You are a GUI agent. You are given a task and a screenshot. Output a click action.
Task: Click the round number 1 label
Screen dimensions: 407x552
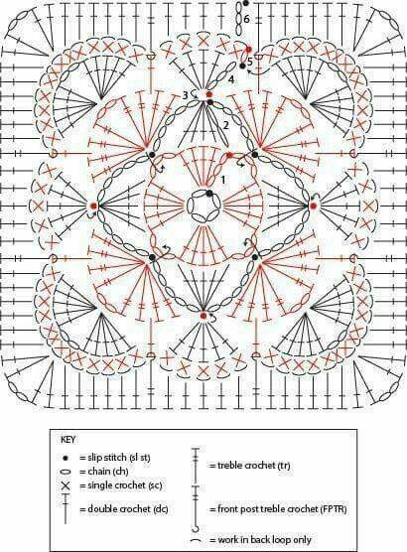223,180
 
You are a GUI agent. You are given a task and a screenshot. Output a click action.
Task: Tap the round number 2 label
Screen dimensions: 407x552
225,125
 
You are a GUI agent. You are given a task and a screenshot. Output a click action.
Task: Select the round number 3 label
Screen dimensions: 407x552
186,95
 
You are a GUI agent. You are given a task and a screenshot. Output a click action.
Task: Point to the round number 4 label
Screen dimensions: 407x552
230,79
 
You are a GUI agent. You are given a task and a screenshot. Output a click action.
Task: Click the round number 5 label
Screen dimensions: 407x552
249,63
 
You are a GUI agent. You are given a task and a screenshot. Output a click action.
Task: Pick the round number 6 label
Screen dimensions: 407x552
246,19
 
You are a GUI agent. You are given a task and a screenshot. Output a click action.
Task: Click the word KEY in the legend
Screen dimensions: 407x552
68,440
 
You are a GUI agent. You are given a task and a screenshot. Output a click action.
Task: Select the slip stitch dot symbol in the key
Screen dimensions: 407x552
66,458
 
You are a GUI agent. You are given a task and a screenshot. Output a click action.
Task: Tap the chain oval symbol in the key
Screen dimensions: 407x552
66,472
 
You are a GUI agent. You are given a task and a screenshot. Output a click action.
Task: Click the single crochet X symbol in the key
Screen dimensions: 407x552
66,485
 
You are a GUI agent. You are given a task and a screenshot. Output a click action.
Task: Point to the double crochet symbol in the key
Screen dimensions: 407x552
66,509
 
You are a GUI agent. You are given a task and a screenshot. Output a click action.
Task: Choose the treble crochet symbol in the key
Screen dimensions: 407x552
195,465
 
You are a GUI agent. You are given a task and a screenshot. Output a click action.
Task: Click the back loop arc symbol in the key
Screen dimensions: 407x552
195,539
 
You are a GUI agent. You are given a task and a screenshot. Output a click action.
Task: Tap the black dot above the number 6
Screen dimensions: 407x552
245,3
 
